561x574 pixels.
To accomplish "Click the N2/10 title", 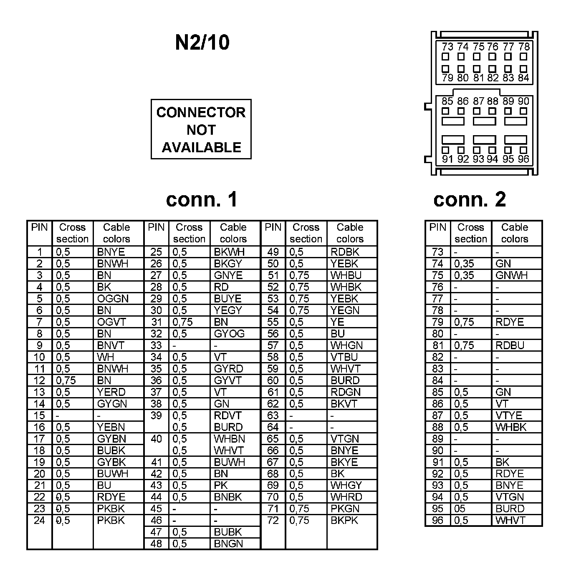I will [x=202, y=42].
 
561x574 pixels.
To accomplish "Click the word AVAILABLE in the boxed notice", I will [x=201, y=147].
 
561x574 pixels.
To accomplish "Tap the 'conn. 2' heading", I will [x=470, y=199].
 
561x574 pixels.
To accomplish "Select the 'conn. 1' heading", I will [x=202, y=199].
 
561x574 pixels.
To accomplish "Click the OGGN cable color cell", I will [x=113, y=299].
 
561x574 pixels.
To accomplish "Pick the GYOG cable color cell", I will [x=229, y=334].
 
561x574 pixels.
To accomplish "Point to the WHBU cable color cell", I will [x=346, y=275].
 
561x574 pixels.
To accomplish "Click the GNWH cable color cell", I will [x=511, y=275].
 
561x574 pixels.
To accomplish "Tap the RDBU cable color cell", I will [x=510, y=345].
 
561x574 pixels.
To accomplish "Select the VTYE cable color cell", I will [x=508, y=415].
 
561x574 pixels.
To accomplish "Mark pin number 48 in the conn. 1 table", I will [x=156, y=544].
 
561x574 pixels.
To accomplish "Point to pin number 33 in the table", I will [x=156, y=345].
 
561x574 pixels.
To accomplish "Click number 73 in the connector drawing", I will [x=447, y=47].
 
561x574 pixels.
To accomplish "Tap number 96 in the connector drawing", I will [x=523, y=159].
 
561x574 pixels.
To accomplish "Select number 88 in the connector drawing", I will [x=493, y=101].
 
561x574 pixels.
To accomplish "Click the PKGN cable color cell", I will [x=345, y=509].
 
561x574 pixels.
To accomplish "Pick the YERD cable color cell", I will [x=111, y=392].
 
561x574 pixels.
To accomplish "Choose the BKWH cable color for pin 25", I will [x=229, y=252].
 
